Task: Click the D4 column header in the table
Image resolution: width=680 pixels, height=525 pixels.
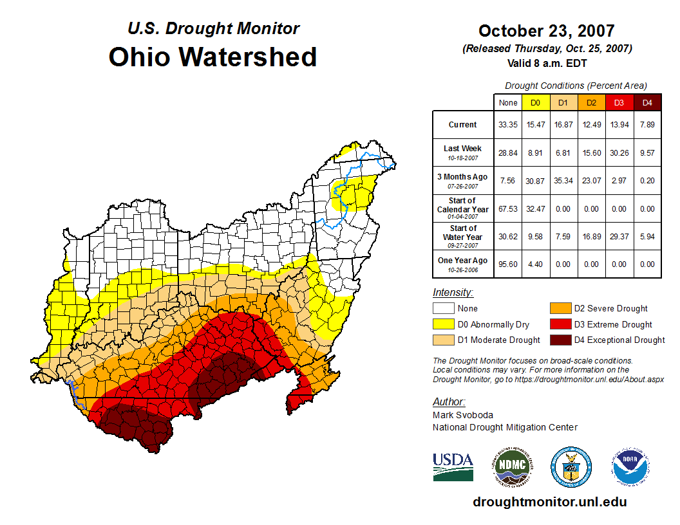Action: point(647,102)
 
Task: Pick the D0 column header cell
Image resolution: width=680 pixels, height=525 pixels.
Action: point(535,102)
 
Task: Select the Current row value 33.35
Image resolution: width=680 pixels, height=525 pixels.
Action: point(508,125)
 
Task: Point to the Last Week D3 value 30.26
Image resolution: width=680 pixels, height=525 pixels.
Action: point(619,153)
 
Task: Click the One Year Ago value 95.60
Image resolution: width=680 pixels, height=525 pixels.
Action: point(508,264)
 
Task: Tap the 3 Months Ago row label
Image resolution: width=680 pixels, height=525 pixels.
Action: point(462,180)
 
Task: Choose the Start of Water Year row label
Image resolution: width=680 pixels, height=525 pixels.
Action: point(462,236)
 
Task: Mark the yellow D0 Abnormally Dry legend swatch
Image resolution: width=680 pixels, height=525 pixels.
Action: point(444,324)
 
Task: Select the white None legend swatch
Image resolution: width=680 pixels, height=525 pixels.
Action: point(444,309)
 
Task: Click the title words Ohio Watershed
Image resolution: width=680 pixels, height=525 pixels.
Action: point(212,57)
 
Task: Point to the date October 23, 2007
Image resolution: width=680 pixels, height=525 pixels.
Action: point(546,31)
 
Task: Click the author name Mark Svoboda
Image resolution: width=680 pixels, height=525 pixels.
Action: point(462,415)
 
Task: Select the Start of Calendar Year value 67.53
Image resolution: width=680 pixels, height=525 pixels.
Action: point(508,208)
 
